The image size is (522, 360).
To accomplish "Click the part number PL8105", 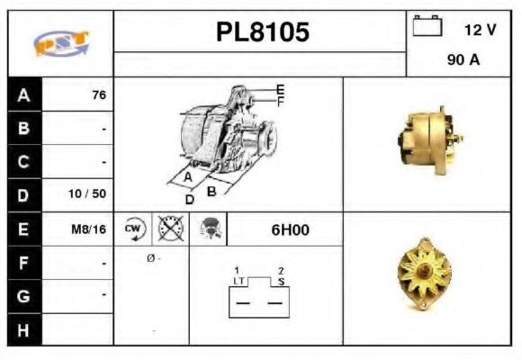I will [262, 33].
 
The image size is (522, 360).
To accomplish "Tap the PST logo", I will [60, 43].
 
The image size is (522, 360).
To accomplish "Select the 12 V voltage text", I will [480, 30].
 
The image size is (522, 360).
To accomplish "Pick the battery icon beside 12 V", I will [425, 28].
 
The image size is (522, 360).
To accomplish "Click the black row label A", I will [23, 94].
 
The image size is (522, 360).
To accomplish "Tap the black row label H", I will [23, 329].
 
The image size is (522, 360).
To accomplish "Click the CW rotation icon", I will [133, 229].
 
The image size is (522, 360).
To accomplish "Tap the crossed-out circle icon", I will [170, 229].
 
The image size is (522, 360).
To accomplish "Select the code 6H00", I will [290, 229].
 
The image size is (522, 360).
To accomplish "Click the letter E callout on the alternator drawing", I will [280, 89].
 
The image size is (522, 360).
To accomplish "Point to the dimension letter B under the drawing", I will [211, 191].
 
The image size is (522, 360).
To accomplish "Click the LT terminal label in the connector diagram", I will [239, 282].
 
